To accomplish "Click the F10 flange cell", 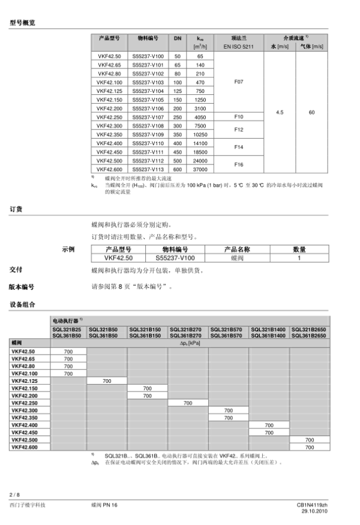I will pos(238,117).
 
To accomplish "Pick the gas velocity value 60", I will pos(311,112).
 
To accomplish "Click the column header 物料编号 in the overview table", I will pos(148,37).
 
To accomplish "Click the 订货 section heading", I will pos(16,209).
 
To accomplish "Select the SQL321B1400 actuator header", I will pos(268,330).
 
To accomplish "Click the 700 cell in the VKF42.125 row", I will pos(107,381).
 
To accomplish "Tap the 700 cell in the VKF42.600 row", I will pos(310,447).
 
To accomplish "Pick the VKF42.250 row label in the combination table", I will pos(24,403).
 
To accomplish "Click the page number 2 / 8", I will pos(14,494).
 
